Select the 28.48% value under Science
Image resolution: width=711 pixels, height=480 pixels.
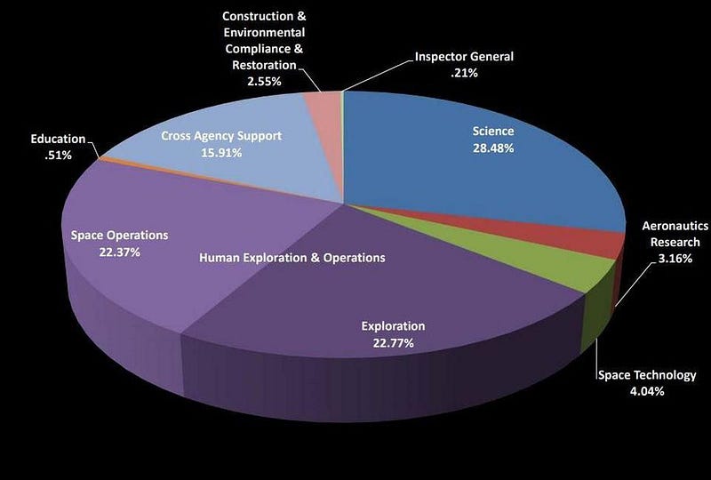point(492,148)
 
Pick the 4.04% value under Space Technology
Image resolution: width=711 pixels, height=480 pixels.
point(646,391)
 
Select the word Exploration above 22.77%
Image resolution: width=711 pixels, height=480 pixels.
point(392,325)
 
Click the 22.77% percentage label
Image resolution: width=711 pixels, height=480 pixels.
point(392,342)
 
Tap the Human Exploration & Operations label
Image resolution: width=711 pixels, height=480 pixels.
point(292,258)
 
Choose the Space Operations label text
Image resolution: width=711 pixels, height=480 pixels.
point(119,236)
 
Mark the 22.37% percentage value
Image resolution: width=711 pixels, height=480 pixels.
point(119,252)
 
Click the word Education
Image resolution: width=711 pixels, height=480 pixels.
point(58,139)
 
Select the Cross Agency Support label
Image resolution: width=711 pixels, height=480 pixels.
point(221,136)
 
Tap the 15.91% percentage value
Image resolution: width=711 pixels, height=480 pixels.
point(221,153)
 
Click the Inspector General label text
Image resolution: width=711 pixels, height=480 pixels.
point(464,57)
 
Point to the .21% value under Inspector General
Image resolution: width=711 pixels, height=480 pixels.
point(463,73)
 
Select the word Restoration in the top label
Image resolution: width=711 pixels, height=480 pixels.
point(263,65)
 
